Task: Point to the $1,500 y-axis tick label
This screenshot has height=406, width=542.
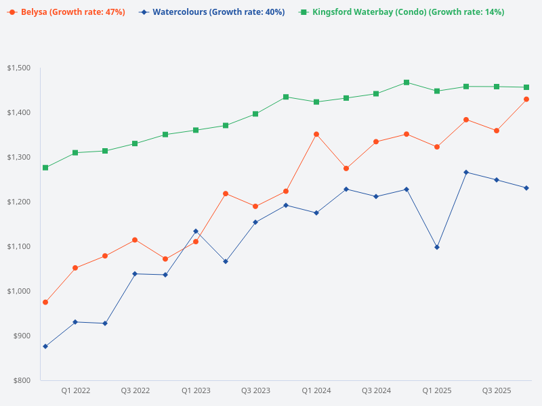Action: (x=19, y=68)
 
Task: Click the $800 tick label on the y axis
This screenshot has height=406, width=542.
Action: (x=22, y=380)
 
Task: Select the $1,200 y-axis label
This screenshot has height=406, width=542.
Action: (x=19, y=202)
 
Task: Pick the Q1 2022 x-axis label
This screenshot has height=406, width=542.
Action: (x=75, y=390)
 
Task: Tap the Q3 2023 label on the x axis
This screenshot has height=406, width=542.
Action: (x=255, y=390)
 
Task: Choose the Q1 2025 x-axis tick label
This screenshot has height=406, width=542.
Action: (x=436, y=390)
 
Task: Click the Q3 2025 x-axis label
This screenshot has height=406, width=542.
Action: (x=497, y=390)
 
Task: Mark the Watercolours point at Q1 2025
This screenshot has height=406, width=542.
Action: (x=436, y=247)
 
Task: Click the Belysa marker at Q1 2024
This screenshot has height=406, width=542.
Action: (x=316, y=134)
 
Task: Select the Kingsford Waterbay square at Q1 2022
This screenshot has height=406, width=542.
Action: (x=75, y=153)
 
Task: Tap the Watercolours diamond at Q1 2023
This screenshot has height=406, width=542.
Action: (x=196, y=231)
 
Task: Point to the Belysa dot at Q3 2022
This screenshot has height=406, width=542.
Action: (x=135, y=240)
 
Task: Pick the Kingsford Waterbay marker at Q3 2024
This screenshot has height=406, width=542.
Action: (x=376, y=93)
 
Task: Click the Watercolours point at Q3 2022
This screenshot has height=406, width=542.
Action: (x=135, y=273)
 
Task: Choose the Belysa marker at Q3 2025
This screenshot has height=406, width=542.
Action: (x=497, y=131)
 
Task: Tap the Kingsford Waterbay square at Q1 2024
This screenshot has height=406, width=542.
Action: (x=316, y=102)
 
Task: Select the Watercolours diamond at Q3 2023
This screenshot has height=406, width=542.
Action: (x=255, y=222)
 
